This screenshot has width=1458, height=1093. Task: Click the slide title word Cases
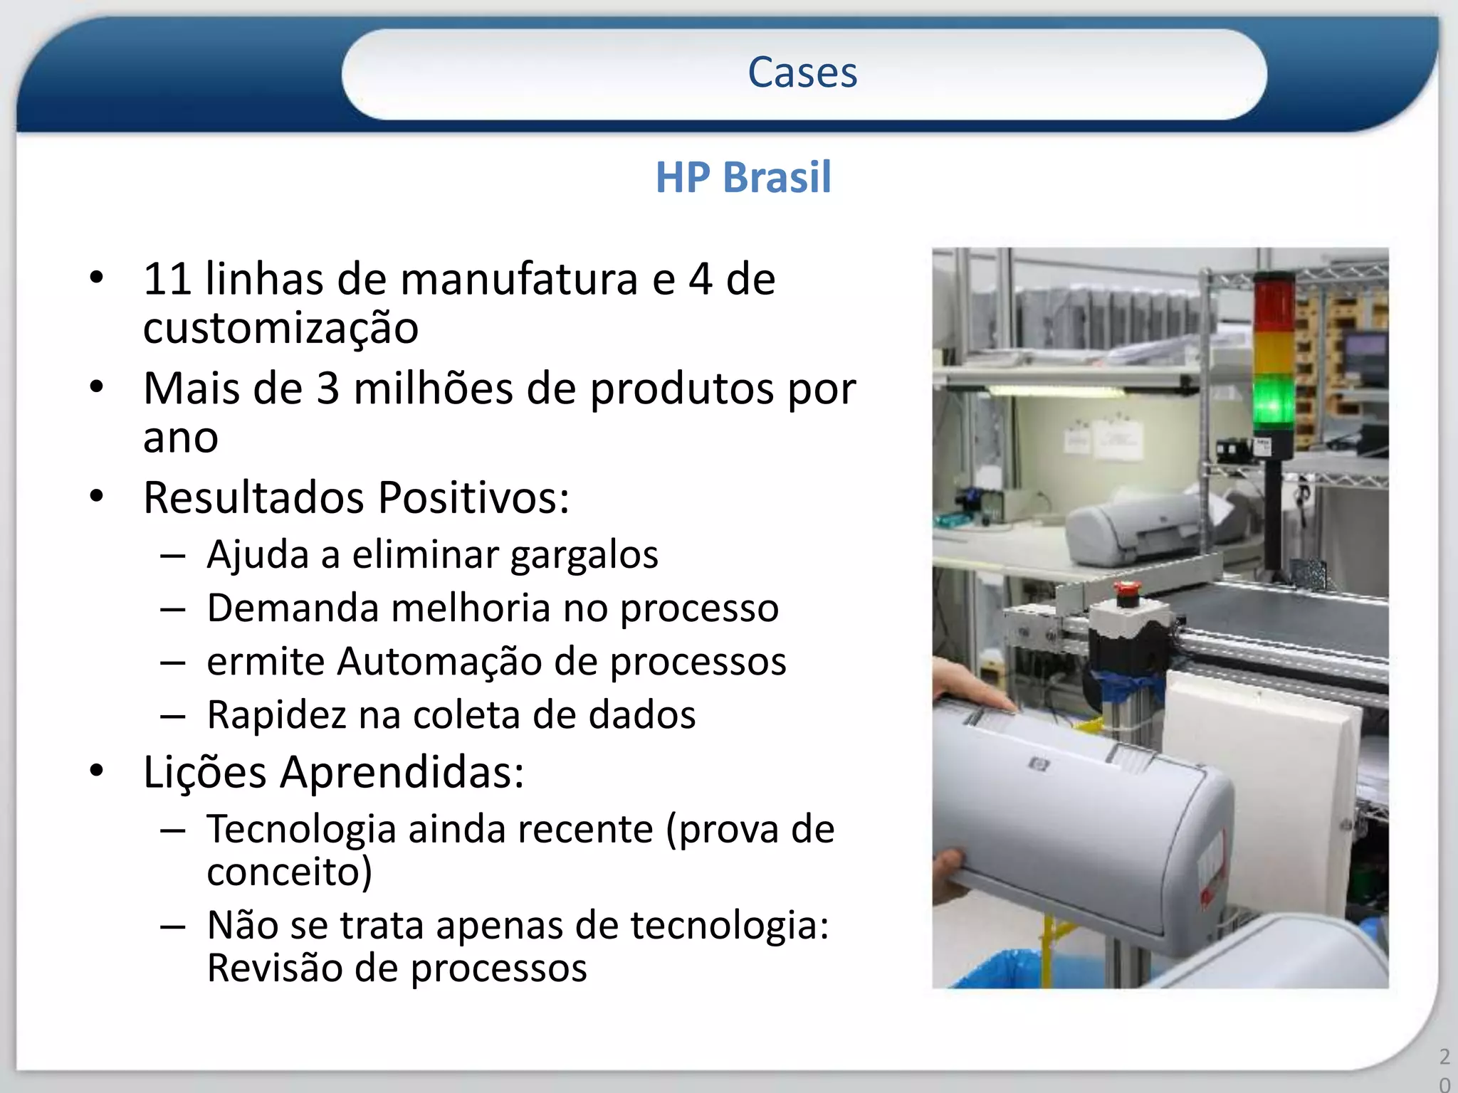coord(802,73)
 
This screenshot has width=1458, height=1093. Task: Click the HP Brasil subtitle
coord(743,177)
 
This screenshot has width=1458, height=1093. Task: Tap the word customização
coord(280,329)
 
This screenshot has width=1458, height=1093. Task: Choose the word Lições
coord(205,773)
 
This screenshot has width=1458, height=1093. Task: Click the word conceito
coord(288,872)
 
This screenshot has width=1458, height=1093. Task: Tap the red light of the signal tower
coord(1274,302)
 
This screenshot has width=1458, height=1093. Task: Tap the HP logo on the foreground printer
coord(1039,765)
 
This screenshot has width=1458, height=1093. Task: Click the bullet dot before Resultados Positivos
coord(97,496)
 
